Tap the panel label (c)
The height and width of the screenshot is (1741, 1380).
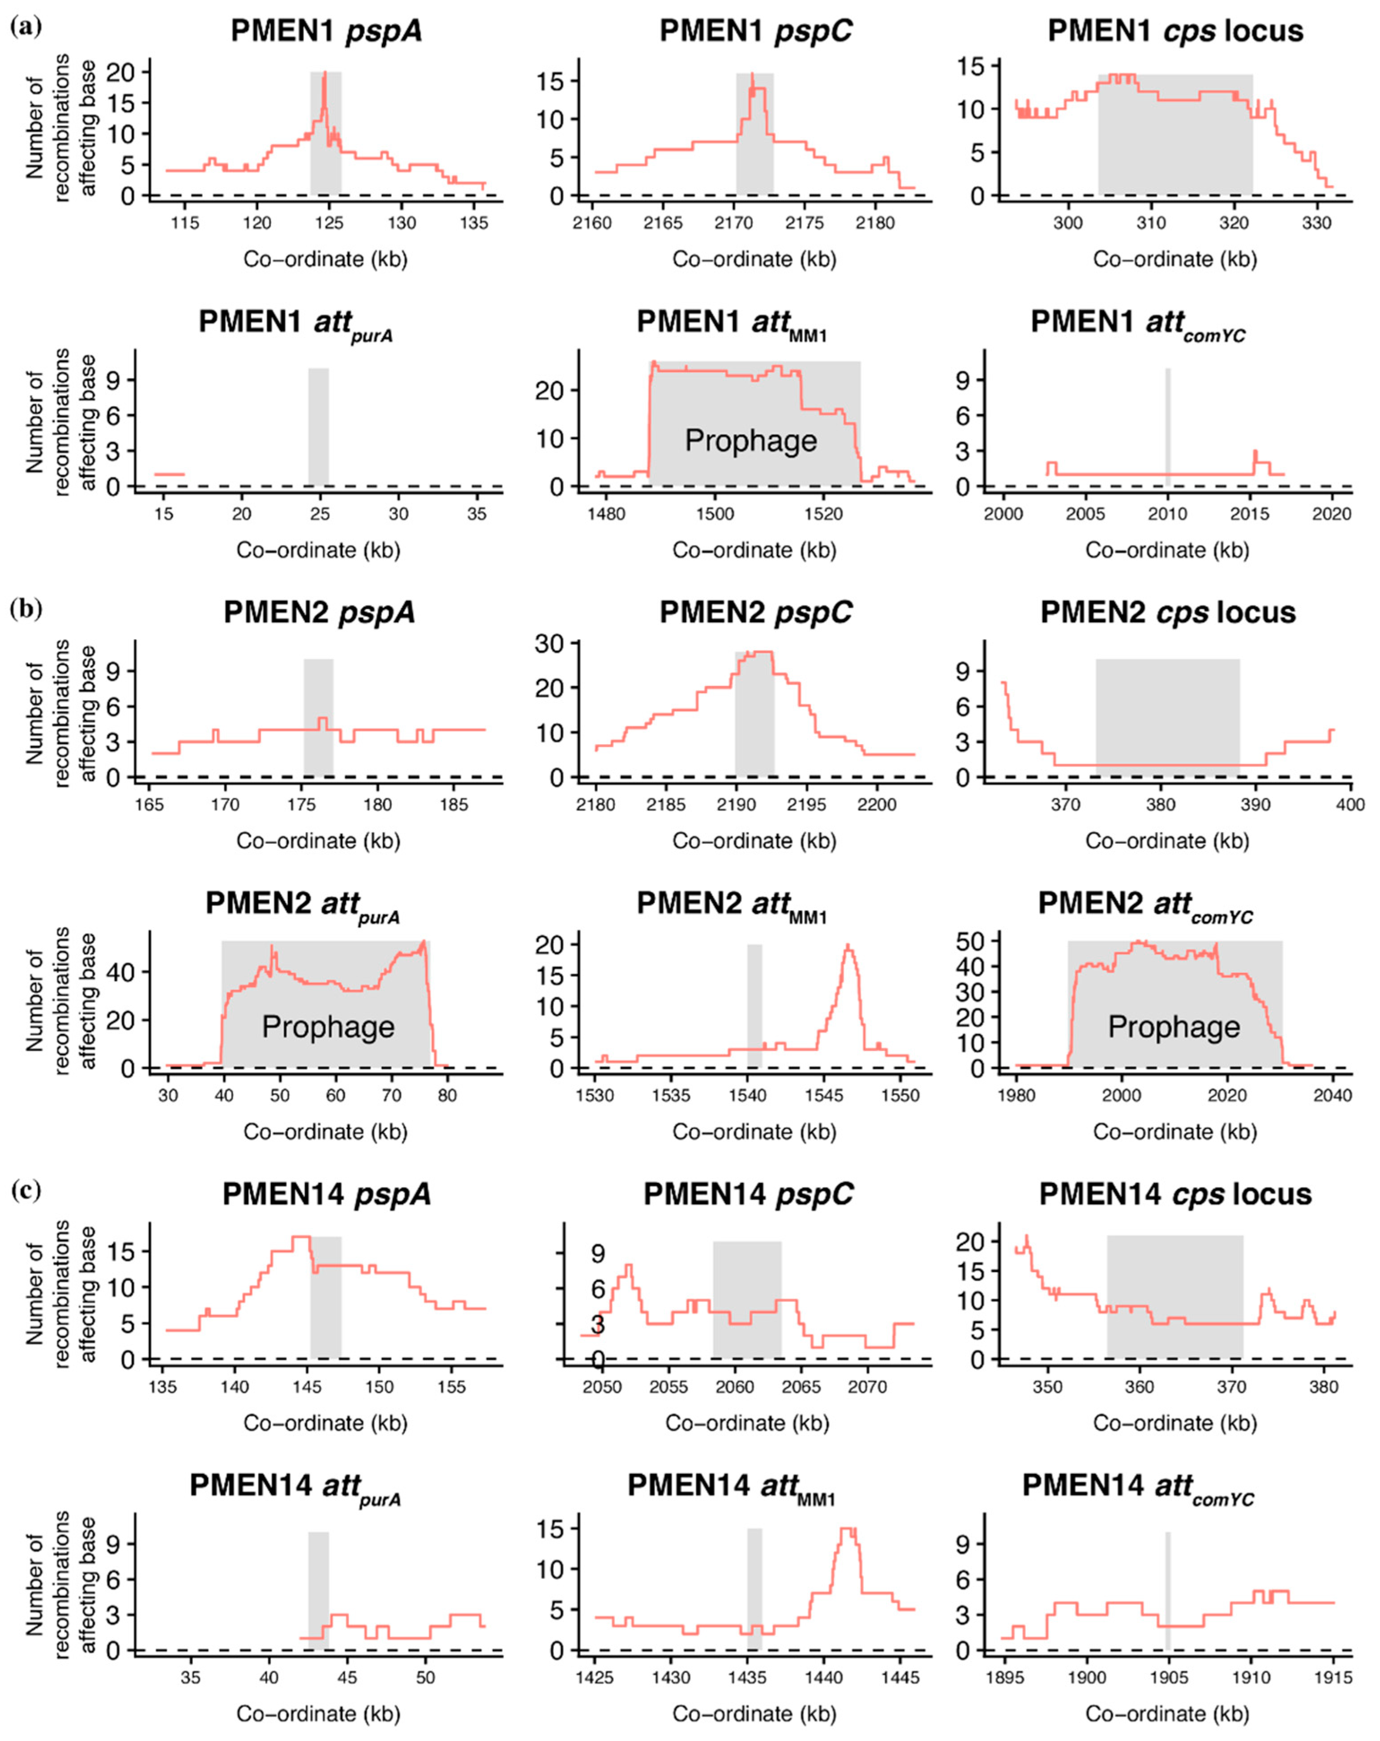pos(26,1189)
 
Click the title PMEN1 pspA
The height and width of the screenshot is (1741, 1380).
pos(326,31)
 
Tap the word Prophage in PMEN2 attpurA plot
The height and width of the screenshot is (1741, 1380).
pos(328,1027)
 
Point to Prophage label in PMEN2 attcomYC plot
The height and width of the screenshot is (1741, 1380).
pos(1173,1027)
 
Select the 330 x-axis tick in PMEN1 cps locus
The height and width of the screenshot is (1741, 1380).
pos(1316,223)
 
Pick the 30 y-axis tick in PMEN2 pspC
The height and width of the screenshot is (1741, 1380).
pos(549,644)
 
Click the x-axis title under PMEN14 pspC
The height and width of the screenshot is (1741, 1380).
pos(747,1423)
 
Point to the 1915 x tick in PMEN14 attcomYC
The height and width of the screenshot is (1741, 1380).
pos(1333,1677)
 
